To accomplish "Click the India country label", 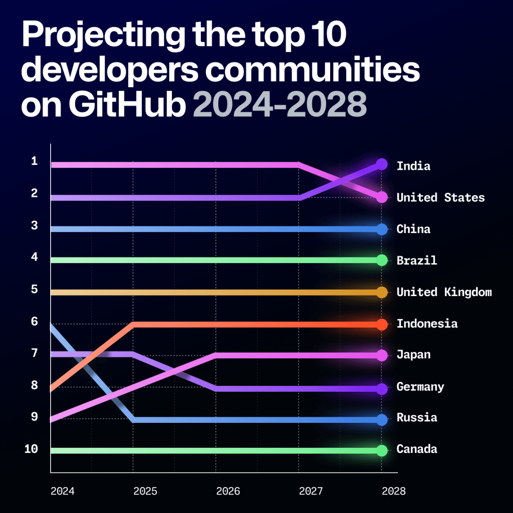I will point(413,166).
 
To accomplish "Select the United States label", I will point(440,197).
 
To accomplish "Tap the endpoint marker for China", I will point(382,229).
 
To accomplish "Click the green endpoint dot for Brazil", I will point(382,260).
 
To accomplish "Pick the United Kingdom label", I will point(444,292).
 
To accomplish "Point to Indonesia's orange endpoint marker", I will point(382,324).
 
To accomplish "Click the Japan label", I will point(413,355).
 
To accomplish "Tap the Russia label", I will point(417,417).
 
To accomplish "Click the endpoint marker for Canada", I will point(382,450).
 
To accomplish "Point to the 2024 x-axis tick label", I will point(62,491).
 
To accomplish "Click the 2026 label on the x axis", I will point(228,491).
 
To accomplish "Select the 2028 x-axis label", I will point(393,491).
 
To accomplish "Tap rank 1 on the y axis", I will point(34,161).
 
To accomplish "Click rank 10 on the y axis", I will point(31,449).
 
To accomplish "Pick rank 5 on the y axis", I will point(34,289).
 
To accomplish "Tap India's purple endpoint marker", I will point(382,164).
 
